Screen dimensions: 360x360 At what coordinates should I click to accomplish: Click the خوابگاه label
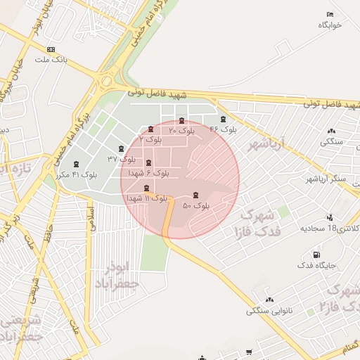[329, 25]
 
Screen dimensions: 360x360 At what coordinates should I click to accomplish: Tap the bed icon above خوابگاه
[330, 14]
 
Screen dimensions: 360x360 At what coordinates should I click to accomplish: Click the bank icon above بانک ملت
[51, 49]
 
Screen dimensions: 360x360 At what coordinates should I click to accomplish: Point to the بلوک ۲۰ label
[182, 131]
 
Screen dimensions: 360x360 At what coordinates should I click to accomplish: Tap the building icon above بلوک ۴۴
[224, 119]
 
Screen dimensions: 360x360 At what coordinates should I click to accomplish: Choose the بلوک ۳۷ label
[122, 158]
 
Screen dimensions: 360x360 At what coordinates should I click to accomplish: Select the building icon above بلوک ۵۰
[195, 195]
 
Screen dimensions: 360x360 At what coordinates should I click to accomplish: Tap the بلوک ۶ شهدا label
[148, 172]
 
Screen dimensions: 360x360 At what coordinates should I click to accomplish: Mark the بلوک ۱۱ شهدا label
[146, 198]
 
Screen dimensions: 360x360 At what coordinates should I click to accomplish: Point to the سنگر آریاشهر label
[327, 179]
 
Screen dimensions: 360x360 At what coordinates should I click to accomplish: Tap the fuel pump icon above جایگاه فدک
[316, 255]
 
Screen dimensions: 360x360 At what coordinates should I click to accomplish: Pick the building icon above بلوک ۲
[151, 129]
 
